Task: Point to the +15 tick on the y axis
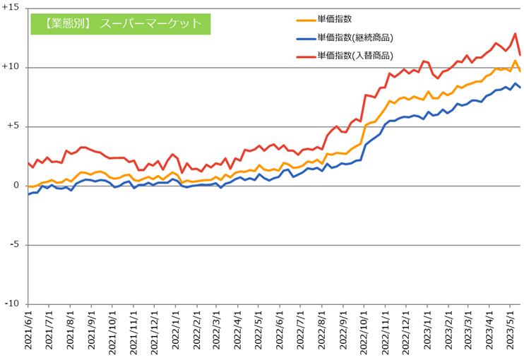pyautogui.click(x=11, y=8)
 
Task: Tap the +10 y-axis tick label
pyautogui.click(x=11, y=67)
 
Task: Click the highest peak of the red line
pyautogui.click(x=516, y=33)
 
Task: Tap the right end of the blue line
pyautogui.click(x=520, y=88)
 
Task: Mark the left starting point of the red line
pyautogui.click(x=28, y=162)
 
